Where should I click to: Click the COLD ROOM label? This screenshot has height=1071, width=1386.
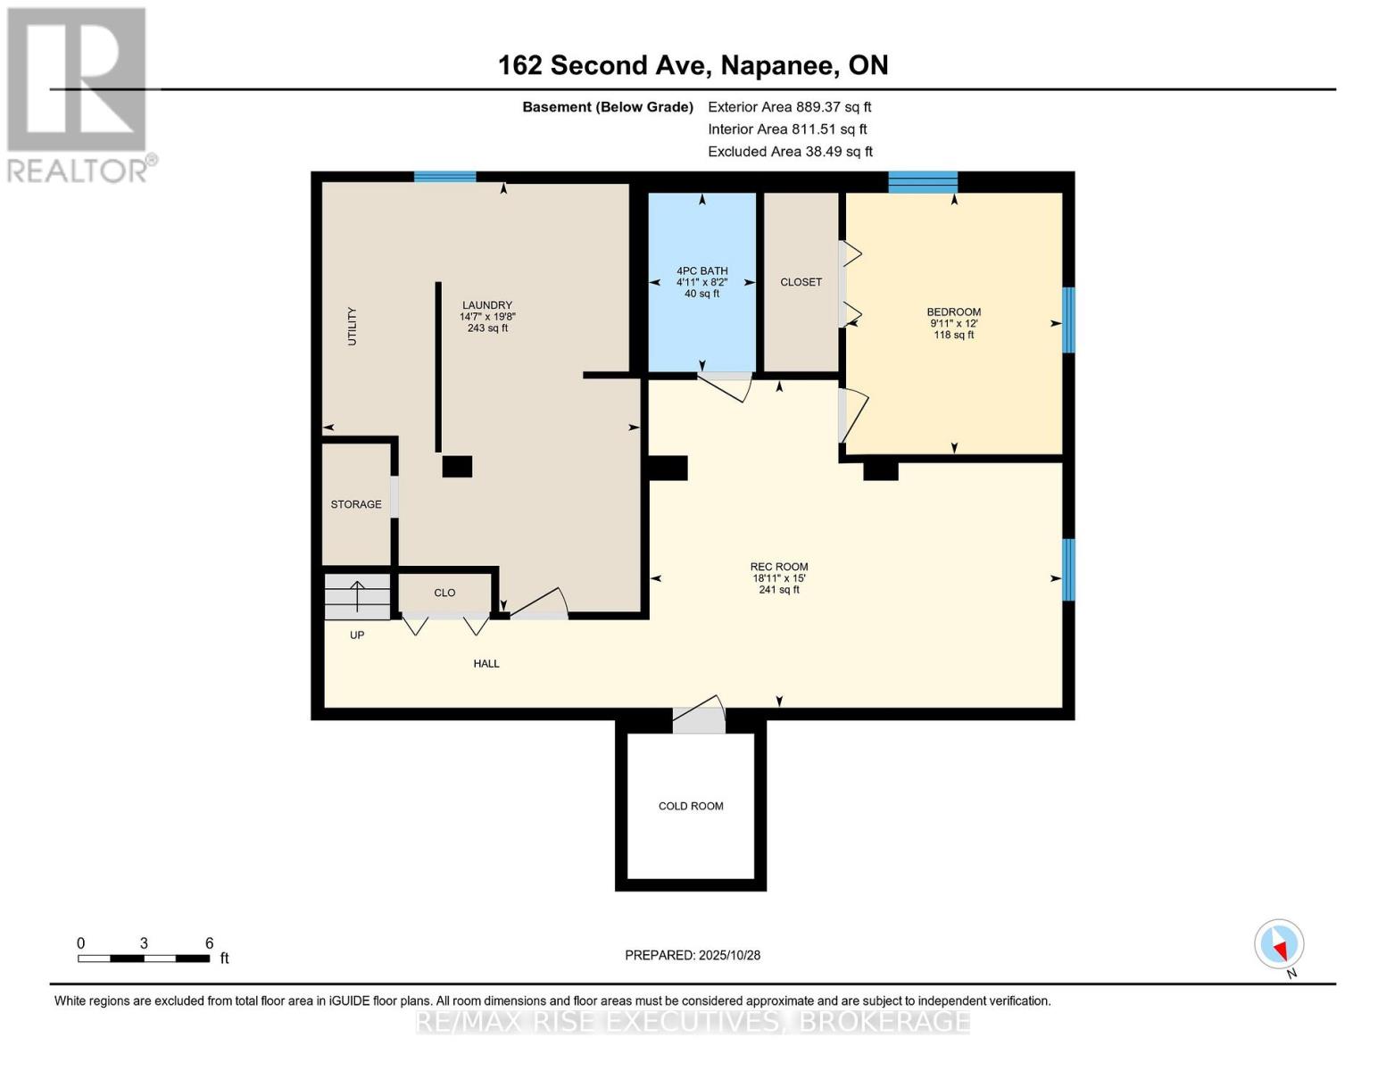click(x=691, y=806)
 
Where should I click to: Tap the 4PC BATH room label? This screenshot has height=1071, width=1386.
click(x=701, y=270)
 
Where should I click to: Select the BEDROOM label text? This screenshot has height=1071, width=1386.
click(x=953, y=312)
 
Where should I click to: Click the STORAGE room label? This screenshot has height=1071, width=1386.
click(x=356, y=504)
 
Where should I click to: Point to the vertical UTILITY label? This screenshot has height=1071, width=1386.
click(x=352, y=327)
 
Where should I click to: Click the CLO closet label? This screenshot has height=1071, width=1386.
click(x=444, y=593)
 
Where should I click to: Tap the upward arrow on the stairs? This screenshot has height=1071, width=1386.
click(x=356, y=595)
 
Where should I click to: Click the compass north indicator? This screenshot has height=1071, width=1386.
click(x=1279, y=944)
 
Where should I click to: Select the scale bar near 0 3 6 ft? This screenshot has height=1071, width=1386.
click(x=144, y=959)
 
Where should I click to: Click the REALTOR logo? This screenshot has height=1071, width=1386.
click(x=79, y=94)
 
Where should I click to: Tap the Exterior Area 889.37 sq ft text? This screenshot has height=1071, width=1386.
click(x=789, y=106)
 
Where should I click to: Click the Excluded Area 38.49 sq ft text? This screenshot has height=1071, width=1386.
click(x=790, y=152)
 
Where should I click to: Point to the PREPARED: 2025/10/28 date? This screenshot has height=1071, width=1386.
click(x=693, y=955)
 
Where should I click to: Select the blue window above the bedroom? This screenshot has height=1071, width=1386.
click(x=922, y=182)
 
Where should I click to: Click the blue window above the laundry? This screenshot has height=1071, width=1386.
click(x=444, y=177)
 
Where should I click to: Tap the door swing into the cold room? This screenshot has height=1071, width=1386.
click(x=700, y=718)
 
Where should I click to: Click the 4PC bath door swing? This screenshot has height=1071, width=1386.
click(x=726, y=386)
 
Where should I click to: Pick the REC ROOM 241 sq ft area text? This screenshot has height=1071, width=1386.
click(x=779, y=590)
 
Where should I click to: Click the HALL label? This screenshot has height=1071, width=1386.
click(x=486, y=663)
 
